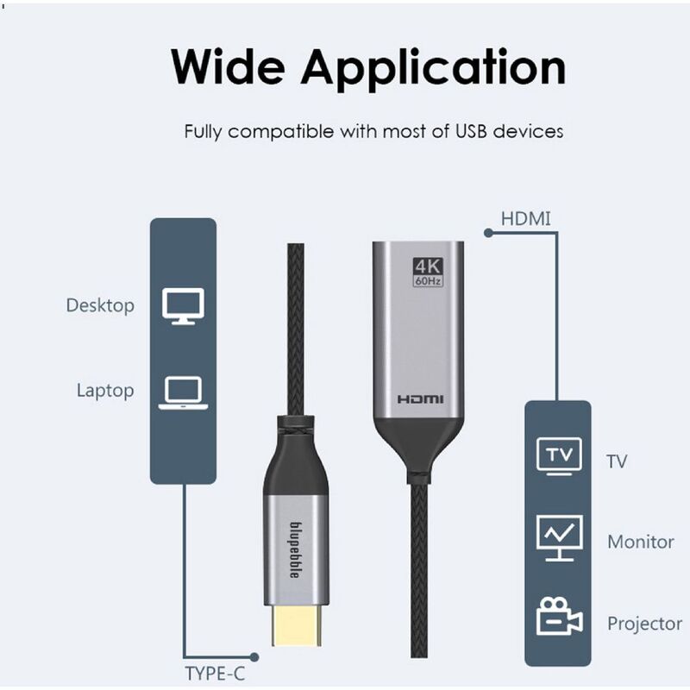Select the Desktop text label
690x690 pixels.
coord(100,305)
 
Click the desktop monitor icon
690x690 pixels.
coord(183,306)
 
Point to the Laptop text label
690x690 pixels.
coord(105,390)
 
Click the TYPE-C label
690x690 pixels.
coord(220,673)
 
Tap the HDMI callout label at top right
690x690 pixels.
coord(525,218)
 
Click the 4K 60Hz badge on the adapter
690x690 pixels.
coord(428,272)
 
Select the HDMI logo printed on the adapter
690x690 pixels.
coord(421,399)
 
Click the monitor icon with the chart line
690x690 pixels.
coord(559,537)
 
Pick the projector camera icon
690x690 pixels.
coord(559,618)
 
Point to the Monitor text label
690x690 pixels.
coord(640,543)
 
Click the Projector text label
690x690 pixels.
coord(644,624)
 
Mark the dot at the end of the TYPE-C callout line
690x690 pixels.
coord(254,657)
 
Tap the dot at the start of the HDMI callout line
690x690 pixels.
coord(488,233)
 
